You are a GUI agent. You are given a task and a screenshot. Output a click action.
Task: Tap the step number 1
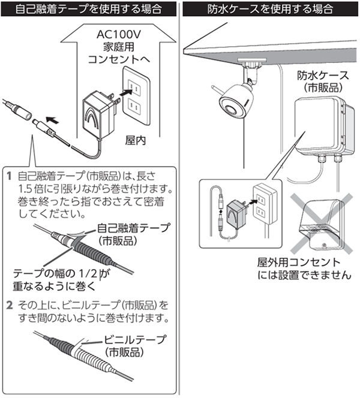[x=9, y=176]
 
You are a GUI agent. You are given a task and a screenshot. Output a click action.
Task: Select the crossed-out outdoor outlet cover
[x=321, y=221]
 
